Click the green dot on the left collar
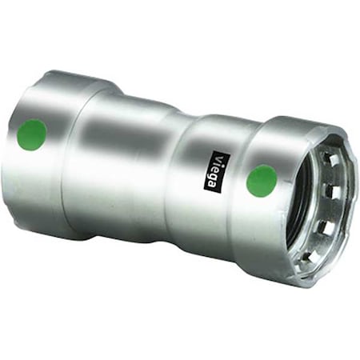31,135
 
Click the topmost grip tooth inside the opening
333,160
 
